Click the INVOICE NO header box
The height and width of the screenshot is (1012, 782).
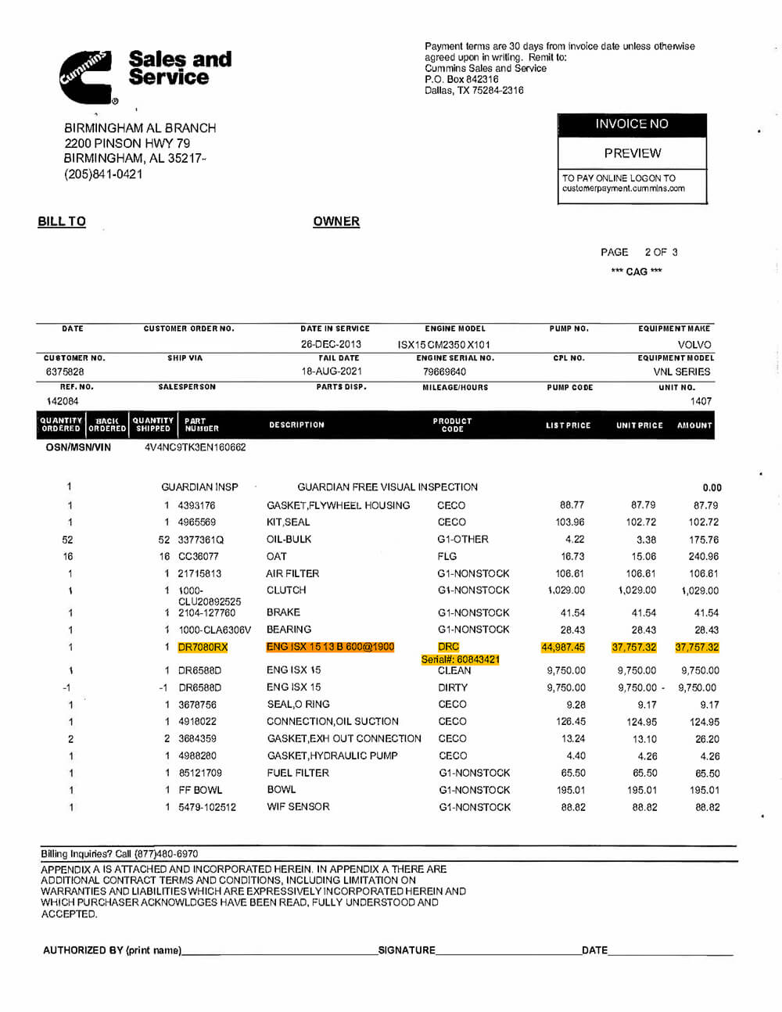(x=632, y=124)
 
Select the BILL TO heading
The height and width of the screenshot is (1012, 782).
(x=62, y=221)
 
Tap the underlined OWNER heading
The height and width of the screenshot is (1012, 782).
(x=336, y=221)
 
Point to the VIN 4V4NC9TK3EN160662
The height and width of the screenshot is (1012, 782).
(x=195, y=447)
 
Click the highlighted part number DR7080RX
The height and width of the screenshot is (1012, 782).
(x=203, y=648)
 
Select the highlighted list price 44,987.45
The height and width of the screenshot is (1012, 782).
(x=563, y=648)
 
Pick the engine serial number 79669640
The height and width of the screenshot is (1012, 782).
(x=444, y=372)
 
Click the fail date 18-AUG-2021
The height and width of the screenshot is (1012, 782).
(x=332, y=372)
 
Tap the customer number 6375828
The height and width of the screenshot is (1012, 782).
(x=65, y=372)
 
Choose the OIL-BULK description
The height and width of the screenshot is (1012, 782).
(x=289, y=540)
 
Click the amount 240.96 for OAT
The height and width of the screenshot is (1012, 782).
(x=703, y=557)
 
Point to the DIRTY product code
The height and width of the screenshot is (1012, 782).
(x=453, y=688)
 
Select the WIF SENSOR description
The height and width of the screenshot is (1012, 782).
(x=298, y=807)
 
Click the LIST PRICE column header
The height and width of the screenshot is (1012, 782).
(x=569, y=425)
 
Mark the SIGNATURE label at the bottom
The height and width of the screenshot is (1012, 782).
(x=407, y=950)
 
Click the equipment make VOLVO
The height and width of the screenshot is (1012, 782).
(x=694, y=345)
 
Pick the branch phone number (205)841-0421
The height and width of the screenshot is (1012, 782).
(x=103, y=174)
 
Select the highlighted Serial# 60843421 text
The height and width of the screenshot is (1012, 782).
(x=460, y=659)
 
